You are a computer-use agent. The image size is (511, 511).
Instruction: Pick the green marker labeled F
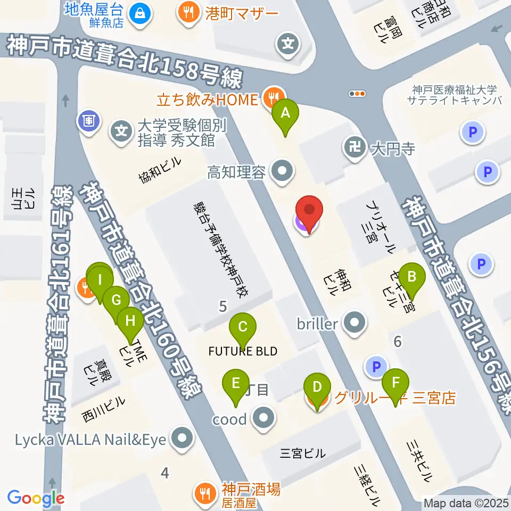click(395, 382)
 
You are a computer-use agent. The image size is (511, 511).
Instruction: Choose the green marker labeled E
click(236, 383)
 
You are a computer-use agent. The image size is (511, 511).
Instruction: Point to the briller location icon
click(353, 323)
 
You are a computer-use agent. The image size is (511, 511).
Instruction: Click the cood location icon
click(262, 419)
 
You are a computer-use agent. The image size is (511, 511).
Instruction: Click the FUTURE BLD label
click(243, 351)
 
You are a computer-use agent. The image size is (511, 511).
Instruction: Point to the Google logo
click(36, 499)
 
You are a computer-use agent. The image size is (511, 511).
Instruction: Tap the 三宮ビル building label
click(302, 454)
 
